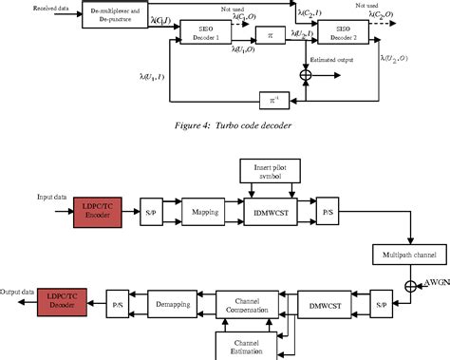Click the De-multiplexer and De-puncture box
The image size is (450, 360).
click(x=115, y=13)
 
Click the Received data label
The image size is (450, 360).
click(x=29, y=9)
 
